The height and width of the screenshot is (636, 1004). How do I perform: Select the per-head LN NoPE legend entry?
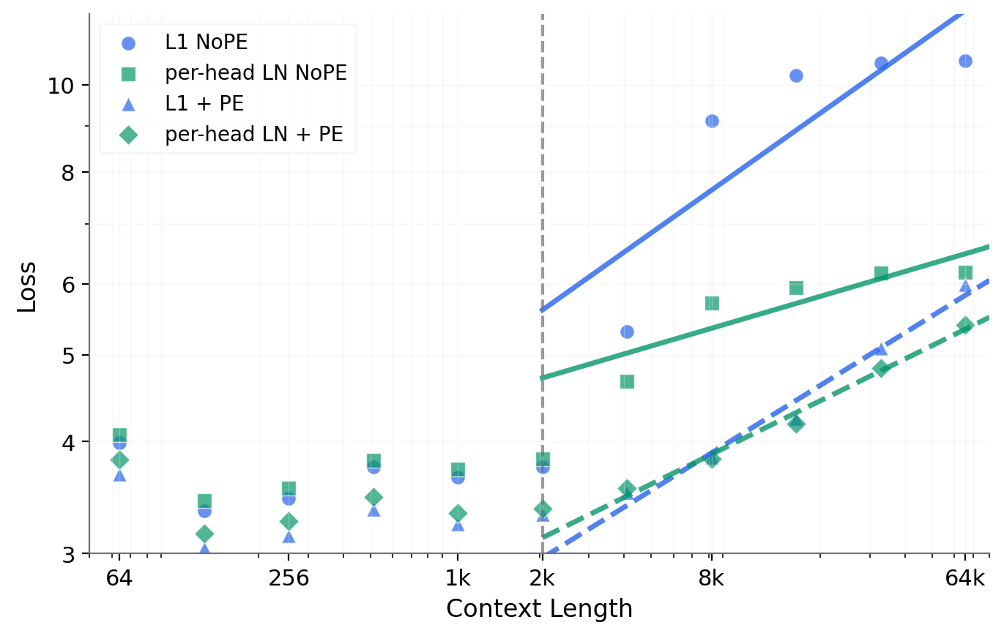click(256, 73)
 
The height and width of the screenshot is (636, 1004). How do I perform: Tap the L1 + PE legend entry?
click(204, 104)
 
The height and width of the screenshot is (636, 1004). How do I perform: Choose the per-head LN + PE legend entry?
click(254, 134)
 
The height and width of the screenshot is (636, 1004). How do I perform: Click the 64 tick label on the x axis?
click(119, 579)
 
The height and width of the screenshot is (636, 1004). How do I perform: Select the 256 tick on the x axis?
click(289, 579)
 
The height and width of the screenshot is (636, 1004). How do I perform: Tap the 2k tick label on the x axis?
click(542, 579)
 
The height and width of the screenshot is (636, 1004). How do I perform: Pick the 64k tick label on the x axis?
click(965, 579)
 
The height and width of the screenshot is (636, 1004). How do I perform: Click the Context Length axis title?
click(539, 609)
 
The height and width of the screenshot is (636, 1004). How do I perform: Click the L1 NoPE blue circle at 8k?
click(711, 121)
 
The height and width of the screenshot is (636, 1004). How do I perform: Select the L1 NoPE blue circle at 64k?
click(965, 61)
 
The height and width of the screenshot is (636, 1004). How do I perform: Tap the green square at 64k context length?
click(965, 272)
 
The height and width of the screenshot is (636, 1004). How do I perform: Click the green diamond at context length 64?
click(119, 460)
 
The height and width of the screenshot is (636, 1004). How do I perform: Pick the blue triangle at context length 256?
click(289, 537)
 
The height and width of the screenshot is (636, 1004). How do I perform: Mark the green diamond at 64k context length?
click(965, 325)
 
